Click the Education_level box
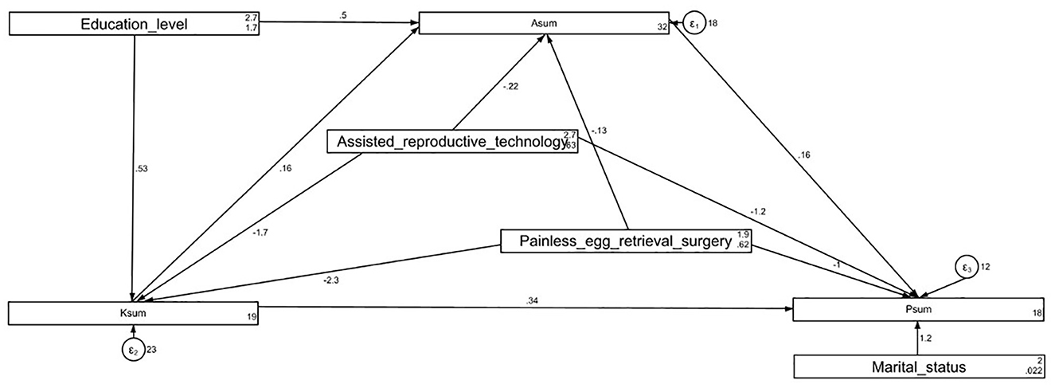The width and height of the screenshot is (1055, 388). tap(134, 24)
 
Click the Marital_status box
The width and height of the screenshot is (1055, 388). tap(918, 366)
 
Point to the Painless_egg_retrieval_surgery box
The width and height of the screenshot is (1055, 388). tap(626, 241)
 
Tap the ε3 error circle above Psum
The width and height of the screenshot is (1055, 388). tap(967, 267)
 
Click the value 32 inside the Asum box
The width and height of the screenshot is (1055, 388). tap(660, 28)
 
